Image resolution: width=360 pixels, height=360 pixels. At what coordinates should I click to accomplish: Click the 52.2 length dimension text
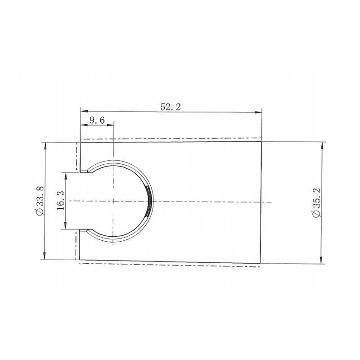click(x=171, y=107)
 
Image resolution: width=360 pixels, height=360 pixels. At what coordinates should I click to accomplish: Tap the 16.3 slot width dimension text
click(x=61, y=200)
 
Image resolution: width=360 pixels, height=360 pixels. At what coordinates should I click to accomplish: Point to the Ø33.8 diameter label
click(x=39, y=200)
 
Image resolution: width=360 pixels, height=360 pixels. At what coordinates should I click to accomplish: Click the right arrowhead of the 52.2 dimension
click(x=259, y=112)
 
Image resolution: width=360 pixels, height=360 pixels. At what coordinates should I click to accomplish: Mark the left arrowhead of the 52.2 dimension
click(x=83, y=112)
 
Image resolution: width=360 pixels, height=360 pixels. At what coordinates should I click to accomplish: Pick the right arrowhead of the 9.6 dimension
click(x=111, y=126)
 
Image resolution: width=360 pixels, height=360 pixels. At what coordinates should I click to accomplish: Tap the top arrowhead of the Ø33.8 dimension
click(x=45, y=146)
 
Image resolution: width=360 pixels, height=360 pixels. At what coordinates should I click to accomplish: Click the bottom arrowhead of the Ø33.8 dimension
click(x=45, y=256)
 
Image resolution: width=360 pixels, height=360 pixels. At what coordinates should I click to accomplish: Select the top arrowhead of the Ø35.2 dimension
click(x=321, y=144)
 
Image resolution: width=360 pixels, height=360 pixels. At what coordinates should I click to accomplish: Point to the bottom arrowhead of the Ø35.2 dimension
click(x=321, y=261)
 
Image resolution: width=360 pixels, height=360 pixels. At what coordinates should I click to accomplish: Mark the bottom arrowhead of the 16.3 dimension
click(x=66, y=226)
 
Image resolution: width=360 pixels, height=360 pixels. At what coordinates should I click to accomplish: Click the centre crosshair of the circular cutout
click(x=114, y=201)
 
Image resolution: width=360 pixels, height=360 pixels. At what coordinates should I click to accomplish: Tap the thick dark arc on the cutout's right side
click(x=150, y=201)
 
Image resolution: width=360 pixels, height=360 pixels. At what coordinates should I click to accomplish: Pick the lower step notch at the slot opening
click(x=84, y=231)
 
